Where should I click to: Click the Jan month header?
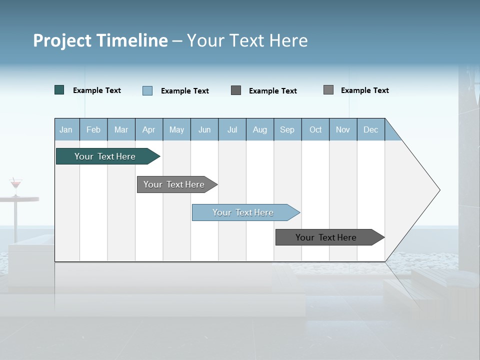[66, 130]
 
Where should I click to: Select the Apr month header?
[148, 130]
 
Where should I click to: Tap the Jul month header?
[232, 130]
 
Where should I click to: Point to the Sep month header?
[287, 130]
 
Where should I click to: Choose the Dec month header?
[370, 130]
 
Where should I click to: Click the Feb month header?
[93, 130]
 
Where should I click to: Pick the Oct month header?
[315, 130]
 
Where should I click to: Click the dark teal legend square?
[59, 90]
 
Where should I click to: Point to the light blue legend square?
[147, 90]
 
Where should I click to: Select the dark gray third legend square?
[236, 90]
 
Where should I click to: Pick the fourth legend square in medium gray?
[328, 90]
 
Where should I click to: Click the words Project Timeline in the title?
[100, 40]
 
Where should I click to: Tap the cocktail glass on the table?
[16, 185]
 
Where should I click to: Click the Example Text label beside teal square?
[97, 90]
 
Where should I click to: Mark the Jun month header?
[204, 130]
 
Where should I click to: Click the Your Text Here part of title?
[247, 40]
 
